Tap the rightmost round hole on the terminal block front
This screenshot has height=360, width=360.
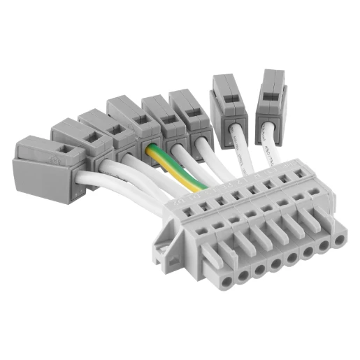pos(340,240)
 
